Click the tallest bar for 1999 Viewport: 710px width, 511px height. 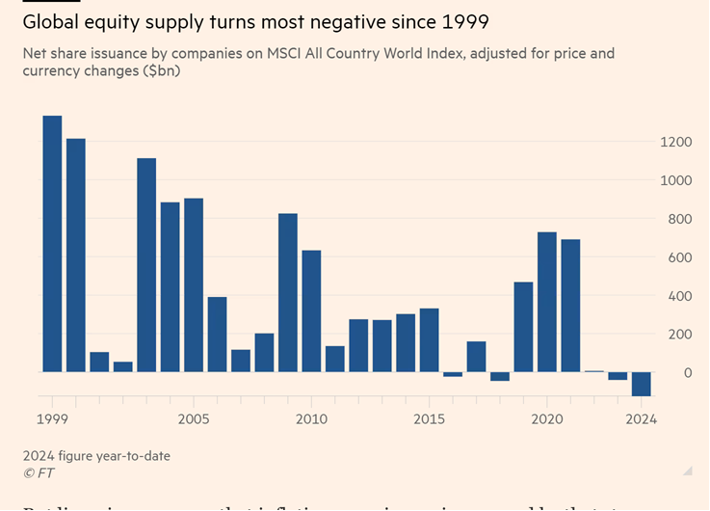pyautogui.click(x=52, y=243)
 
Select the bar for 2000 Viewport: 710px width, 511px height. pyautogui.click(x=76, y=255)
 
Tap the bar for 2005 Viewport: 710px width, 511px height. pyautogui.click(x=194, y=284)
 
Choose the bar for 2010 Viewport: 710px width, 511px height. pyautogui.click(x=311, y=310)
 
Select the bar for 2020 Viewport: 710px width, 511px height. pyautogui.click(x=547, y=302)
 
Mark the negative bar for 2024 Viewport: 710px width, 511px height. pyautogui.click(x=641, y=384)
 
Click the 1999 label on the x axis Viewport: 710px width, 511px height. pyautogui.click(x=53, y=419)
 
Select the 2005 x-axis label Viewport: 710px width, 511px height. pyautogui.click(x=194, y=419)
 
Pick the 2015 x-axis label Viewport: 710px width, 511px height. pyautogui.click(x=429, y=419)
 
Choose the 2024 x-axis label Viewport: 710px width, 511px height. pyautogui.click(x=640, y=419)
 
